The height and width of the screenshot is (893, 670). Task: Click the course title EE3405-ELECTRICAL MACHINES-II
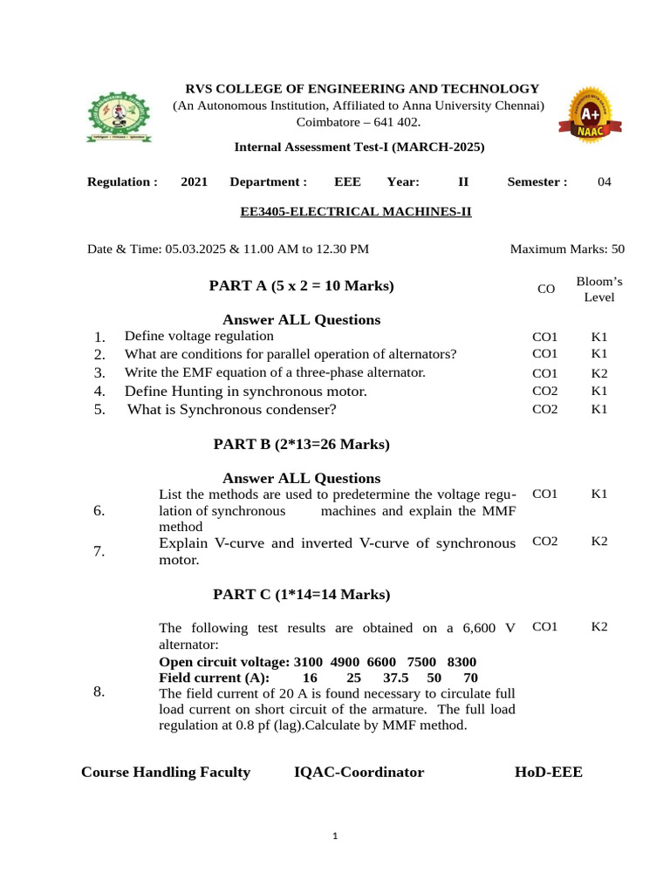pos(356,211)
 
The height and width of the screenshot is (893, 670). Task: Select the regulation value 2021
pos(195,181)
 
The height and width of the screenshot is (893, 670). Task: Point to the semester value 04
pos(605,181)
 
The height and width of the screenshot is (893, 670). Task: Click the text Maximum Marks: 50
pos(567,249)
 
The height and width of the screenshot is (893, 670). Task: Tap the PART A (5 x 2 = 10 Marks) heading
pos(301,285)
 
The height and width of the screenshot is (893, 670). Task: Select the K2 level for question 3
pos(598,373)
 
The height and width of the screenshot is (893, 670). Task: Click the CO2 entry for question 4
pos(545,391)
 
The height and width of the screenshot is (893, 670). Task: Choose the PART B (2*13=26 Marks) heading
pos(301,444)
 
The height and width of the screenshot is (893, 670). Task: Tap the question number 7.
pos(99,551)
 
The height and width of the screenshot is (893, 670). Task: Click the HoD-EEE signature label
pos(549,772)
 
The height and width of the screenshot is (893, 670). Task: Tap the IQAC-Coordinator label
pos(359,772)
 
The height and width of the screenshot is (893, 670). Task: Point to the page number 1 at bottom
pos(335,837)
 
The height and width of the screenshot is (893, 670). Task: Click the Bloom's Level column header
pos(598,289)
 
